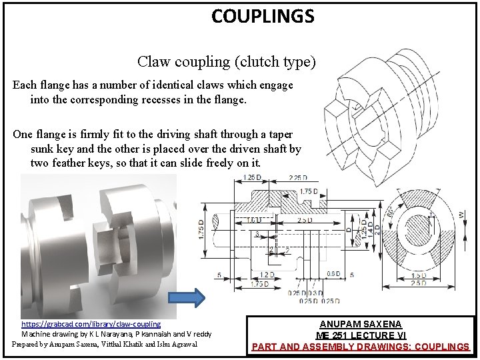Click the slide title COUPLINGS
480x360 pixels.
pyautogui.click(x=262, y=15)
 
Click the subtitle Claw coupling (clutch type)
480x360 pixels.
pyautogui.click(x=226, y=62)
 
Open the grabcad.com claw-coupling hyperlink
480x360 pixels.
pyautogui.click(x=91, y=323)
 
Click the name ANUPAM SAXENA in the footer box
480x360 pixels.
pyautogui.click(x=360, y=324)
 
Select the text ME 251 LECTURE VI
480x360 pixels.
pyautogui.click(x=360, y=335)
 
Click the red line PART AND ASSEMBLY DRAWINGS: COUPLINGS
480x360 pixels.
pyautogui.click(x=360, y=347)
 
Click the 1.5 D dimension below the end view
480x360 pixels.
pyautogui.click(x=418, y=275)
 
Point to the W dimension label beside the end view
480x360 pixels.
pyautogui.click(x=461, y=214)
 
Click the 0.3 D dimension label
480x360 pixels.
pyautogui.click(x=315, y=293)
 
